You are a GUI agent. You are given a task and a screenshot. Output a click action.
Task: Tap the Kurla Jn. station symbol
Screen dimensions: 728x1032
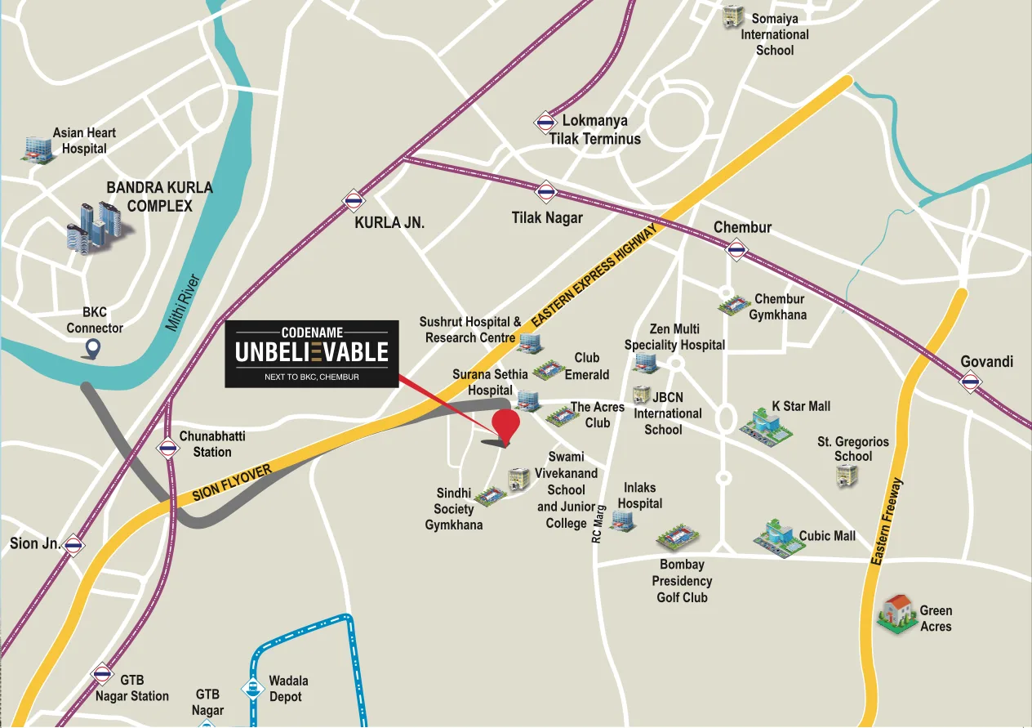pyautogui.click(x=353, y=199)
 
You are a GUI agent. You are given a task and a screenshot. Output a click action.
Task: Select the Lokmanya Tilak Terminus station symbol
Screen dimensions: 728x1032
pyautogui.click(x=545, y=123)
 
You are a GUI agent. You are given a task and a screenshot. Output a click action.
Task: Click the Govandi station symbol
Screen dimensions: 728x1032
pyautogui.click(x=970, y=380)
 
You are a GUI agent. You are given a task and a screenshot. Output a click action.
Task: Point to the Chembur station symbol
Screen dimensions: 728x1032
pyautogui.click(x=737, y=250)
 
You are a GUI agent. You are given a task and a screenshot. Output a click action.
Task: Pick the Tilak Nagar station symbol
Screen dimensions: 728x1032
pyautogui.click(x=545, y=193)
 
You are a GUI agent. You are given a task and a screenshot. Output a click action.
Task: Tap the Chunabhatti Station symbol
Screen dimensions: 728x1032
pyautogui.click(x=168, y=449)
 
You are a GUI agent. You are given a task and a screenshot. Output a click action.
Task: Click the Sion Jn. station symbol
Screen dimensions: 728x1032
pyautogui.click(x=74, y=545)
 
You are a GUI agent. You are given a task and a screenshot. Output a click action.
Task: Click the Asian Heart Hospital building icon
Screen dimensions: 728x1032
pyautogui.click(x=36, y=147)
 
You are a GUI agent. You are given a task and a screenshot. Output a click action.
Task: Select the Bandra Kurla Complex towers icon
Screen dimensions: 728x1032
pyautogui.click(x=96, y=225)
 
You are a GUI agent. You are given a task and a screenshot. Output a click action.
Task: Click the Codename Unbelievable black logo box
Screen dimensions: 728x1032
pyautogui.click(x=312, y=354)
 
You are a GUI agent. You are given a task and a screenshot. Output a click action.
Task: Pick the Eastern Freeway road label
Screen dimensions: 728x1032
pyautogui.click(x=888, y=522)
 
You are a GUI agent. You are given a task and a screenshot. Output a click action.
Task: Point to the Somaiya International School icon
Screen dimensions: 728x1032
pyautogui.click(x=732, y=17)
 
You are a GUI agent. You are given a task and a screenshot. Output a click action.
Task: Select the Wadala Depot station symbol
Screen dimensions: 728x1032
pyautogui.click(x=253, y=689)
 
